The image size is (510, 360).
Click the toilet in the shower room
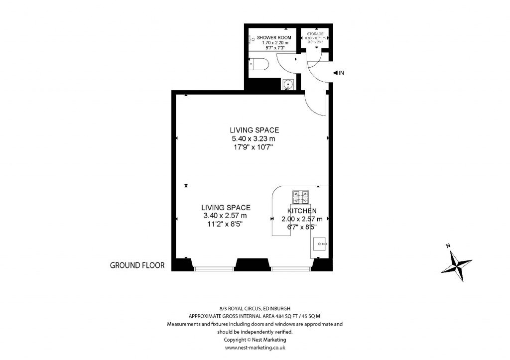click(x=260, y=64)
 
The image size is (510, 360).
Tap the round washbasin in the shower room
click(x=288, y=84)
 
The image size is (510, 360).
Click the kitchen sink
click(x=319, y=244)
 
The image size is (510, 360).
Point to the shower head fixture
click(x=252, y=38)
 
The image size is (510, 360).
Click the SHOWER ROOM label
click(x=270, y=38)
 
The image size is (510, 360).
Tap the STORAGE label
click(x=315, y=34)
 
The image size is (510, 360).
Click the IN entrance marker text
click(x=341, y=73)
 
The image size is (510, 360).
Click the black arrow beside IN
click(x=335, y=73)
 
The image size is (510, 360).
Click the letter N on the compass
click(x=448, y=245)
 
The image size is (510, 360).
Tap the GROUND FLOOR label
click(x=137, y=265)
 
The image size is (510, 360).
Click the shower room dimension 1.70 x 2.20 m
click(x=270, y=43)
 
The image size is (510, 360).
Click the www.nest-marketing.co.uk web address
click(x=255, y=348)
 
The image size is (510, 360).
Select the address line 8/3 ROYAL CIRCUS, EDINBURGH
click(x=255, y=309)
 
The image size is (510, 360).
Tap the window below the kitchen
click(x=291, y=269)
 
